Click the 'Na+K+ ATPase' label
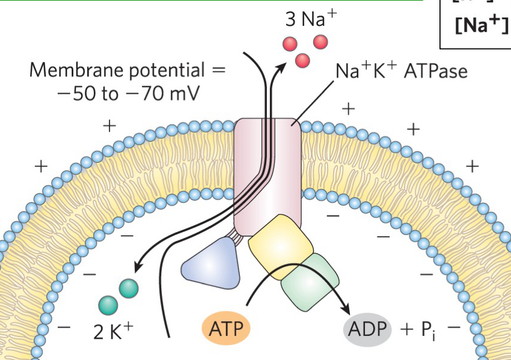pos(401,71)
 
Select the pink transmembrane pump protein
pos(268,174)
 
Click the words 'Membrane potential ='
pos(127,70)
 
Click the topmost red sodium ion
pos(320,41)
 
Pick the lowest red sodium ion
pos(302,59)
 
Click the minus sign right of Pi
pos(454,328)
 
